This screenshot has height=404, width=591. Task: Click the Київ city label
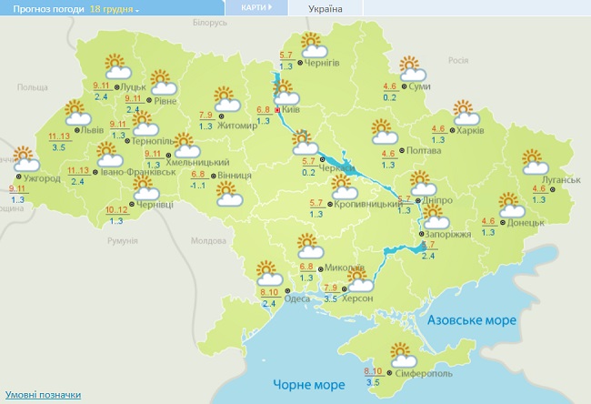(x=291, y=109)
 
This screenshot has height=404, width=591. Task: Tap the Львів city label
(x=93, y=130)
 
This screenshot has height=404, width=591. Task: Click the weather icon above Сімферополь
(x=401, y=352)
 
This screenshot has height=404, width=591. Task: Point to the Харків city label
(x=470, y=129)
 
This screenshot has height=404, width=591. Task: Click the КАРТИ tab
(x=255, y=7)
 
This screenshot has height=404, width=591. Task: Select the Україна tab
(x=326, y=8)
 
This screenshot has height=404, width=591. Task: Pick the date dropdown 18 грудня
(x=115, y=8)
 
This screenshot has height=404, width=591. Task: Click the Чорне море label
(x=305, y=386)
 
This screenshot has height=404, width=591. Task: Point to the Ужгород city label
(x=43, y=179)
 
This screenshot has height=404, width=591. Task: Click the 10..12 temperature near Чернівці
(x=116, y=210)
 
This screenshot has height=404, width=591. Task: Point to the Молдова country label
(x=207, y=241)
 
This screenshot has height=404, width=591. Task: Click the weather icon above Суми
(x=412, y=67)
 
